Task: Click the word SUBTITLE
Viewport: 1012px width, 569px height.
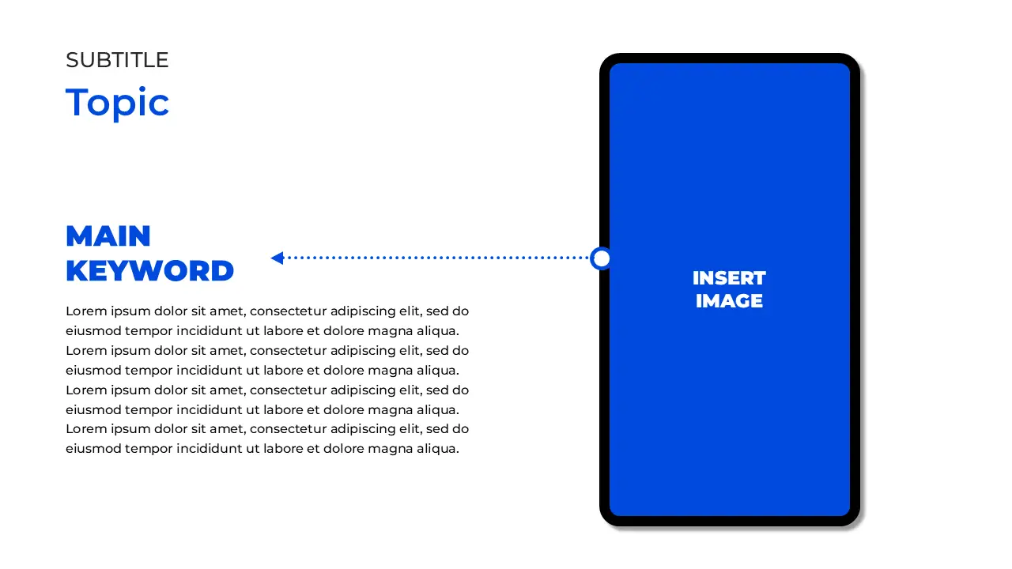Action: tap(117, 60)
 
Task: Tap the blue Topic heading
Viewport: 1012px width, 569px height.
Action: tap(117, 103)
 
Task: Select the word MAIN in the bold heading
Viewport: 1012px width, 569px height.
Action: tap(108, 236)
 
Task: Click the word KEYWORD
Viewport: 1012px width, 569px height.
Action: tap(149, 271)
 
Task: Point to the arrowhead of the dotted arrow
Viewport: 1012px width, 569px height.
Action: tap(277, 258)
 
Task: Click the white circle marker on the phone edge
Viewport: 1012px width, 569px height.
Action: tap(601, 258)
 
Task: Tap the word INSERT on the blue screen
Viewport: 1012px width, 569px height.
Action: tap(729, 278)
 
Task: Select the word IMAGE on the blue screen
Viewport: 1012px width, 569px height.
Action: tap(729, 301)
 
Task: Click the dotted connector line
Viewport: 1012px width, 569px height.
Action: tap(435, 258)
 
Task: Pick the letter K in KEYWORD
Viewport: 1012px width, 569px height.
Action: tap(76, 271)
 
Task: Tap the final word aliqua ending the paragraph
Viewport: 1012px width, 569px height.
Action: tap(438, 449)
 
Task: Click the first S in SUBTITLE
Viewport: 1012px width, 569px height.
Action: tap(72, 60)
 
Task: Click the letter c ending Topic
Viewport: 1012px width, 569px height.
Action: tap(160, 105)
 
